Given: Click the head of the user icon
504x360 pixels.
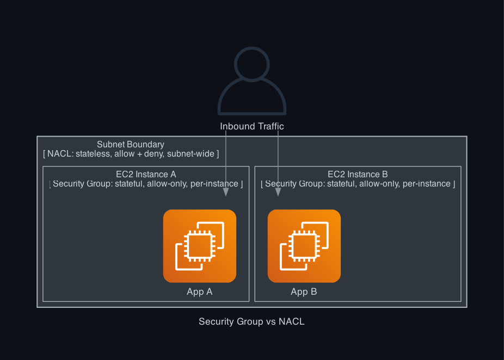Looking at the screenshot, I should [252, 64].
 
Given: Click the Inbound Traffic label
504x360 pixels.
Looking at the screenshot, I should [252, 126].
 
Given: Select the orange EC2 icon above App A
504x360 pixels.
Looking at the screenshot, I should [200, 246].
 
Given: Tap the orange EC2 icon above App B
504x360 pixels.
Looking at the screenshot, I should [304, 246].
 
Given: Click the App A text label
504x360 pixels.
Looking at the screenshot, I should [200, 292].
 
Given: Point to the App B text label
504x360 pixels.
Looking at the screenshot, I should [304, 292].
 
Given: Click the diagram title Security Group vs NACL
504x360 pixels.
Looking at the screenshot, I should [251, 321].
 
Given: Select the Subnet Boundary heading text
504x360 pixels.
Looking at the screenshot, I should [131, 144].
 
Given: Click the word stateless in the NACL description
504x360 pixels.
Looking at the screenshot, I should [94, 154].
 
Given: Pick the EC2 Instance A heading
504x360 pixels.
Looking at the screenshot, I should [146, 175].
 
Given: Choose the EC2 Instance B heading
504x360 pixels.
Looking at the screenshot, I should [358, 175].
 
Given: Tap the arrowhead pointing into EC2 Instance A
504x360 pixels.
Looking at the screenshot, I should [226, 192].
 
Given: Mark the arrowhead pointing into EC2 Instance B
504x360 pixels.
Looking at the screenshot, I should [278, 192].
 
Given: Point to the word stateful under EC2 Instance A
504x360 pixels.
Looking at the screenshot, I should [131, 184].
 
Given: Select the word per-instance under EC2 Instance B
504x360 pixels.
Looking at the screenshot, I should [426, 184].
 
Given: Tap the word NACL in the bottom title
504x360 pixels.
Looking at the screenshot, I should [292, 321].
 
